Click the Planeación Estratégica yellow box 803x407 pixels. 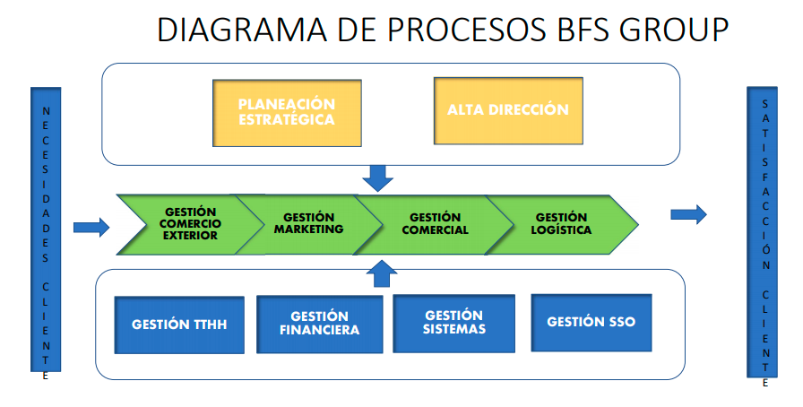click(x=286, y=112)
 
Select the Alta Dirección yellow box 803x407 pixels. click(x=507, y=110)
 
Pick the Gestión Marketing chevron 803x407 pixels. click(x=308, y=223)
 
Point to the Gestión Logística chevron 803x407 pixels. click(x=563, y=223)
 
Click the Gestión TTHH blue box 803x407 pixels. click(x=179, y=325)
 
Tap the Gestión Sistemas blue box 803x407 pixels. click(x=454, y=323)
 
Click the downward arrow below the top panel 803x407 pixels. click(x=379, y=178)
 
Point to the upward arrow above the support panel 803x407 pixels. click(x=383, y=273)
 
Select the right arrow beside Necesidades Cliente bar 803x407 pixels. click(x=91, y=227)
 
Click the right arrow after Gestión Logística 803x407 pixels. click(x=688, y=214)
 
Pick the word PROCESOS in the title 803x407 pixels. click(x=458, y=30)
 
